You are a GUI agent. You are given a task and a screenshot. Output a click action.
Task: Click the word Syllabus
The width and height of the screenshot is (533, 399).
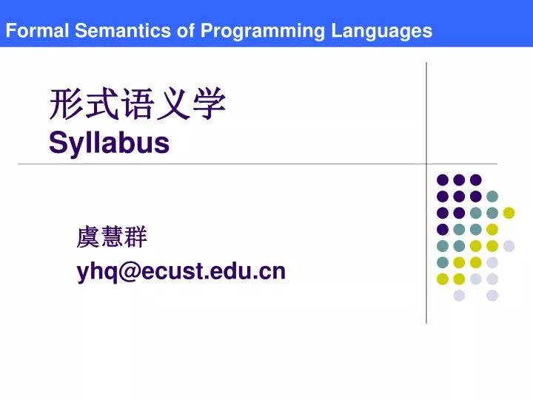point(109,143)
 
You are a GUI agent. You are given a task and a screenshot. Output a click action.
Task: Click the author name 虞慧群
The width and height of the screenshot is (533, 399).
point(112,238)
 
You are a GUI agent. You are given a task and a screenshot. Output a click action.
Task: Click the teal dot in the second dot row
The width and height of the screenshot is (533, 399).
point(492,196)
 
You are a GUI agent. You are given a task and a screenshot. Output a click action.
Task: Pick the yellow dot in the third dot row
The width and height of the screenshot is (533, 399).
point(509,213)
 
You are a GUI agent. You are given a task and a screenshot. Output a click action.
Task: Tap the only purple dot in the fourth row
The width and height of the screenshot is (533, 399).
point(443,229)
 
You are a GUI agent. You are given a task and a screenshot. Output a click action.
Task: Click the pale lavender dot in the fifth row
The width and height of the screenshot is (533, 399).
point(509,245)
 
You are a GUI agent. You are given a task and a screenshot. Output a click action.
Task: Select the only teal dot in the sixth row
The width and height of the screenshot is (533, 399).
point(443,262)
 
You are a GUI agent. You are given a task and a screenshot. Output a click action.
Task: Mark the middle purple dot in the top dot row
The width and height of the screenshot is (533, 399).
point(459,180)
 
